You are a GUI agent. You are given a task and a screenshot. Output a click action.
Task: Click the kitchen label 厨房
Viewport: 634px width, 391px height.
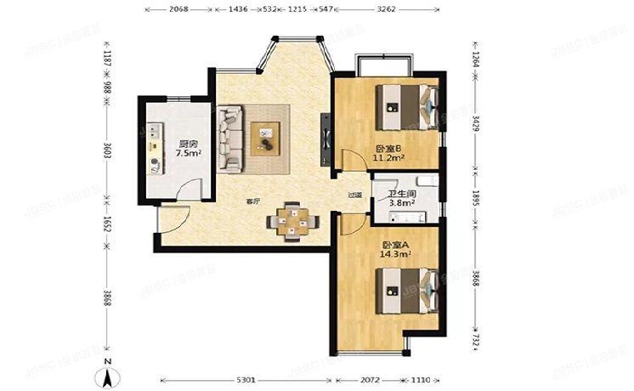point(188,143)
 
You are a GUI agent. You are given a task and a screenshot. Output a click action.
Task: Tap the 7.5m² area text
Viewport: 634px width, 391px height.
point(188,154)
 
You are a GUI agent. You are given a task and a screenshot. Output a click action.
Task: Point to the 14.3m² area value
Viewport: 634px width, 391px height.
point(397,252)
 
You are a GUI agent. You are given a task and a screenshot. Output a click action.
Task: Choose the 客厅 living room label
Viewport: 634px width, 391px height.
point(253,201)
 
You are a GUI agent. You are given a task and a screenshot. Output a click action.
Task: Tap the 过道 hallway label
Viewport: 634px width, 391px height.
point(355,195)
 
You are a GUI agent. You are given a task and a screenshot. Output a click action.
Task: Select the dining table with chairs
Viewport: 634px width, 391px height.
point(292,220)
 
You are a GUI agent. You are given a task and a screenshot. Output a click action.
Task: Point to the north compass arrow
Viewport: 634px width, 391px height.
point(108,370)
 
